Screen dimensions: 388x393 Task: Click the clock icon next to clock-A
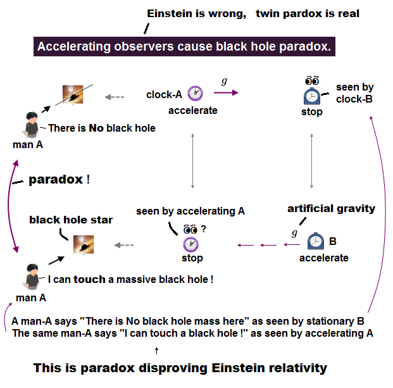[x=195, y=93]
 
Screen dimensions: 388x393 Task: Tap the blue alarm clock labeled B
[x=315, y=241]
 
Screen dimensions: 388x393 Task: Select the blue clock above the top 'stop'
[x=311, y=95]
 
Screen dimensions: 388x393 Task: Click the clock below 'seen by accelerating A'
[x=191, y=244]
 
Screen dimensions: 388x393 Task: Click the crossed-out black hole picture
[x=75, y=96]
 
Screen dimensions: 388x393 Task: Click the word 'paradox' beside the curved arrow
[x=56, y=180]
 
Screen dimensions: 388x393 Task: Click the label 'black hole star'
[x=71, y=220]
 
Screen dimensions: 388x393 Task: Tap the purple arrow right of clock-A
[x=226, y=93]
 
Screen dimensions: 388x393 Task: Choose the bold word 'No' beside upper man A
[x=96, y=128]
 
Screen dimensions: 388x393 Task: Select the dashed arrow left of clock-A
[x=115, y=97]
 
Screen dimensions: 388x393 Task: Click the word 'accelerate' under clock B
[x=324, y=258]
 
